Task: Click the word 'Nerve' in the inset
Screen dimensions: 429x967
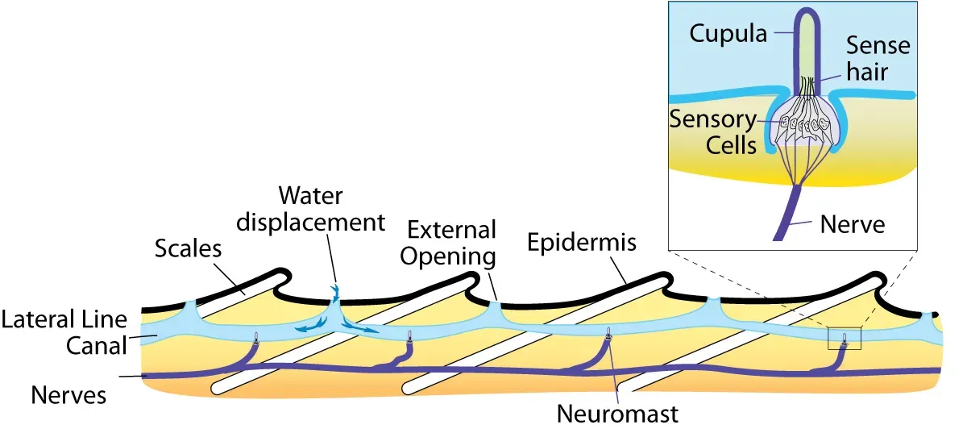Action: (852, 223)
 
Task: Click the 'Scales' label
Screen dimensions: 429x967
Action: (188, 249)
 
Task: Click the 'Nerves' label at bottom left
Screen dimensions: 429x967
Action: (68, 395)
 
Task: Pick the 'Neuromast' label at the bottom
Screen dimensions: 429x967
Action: (618, 414)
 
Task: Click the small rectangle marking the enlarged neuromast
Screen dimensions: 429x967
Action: (845, 339)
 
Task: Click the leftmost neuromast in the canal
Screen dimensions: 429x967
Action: (255, 339)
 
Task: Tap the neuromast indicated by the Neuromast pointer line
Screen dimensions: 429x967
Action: (608, 332)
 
